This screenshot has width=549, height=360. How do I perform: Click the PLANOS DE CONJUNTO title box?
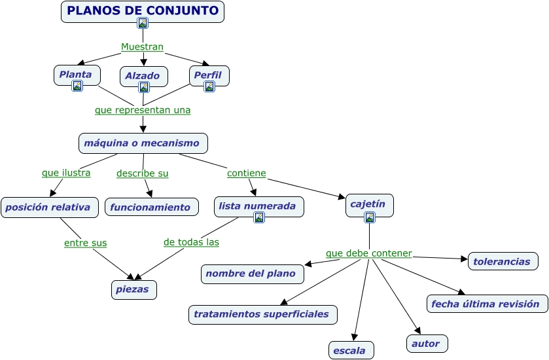coord(143,11)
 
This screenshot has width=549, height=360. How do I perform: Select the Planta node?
coord(77,75)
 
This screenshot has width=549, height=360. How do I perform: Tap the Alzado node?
coord(143,76)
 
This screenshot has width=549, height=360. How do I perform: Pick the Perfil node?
coord(209,75)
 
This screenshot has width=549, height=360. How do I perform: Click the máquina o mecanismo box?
coord(143,143)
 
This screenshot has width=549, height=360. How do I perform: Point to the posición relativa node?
coord(49,207)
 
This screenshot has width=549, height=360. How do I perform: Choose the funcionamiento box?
coord(151,207)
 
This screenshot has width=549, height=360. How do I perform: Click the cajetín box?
coord(369,204)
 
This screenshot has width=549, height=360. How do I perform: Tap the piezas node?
coord(133,289)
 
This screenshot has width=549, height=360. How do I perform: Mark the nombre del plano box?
coord(252,274)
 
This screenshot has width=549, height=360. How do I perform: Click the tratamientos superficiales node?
coord(262,314)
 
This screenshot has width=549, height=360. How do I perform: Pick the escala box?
coord(351,350)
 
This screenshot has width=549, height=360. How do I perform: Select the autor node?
coord(427,343)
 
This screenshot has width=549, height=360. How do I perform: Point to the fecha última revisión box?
coord(487,304)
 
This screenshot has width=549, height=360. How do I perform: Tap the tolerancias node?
coord(503,261)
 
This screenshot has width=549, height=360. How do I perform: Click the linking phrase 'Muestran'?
coord(142,47)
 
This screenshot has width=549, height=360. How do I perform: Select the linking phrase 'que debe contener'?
coord(369,253)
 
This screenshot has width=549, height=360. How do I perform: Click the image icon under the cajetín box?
coord(370,217)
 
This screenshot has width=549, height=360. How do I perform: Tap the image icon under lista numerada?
coord(259,218)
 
